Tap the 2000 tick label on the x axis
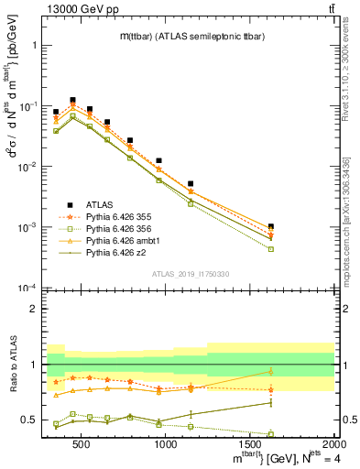pos(333,444)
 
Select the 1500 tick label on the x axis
pos(250,444)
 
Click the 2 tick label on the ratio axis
pos(37,309)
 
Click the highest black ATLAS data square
pos(72,100)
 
